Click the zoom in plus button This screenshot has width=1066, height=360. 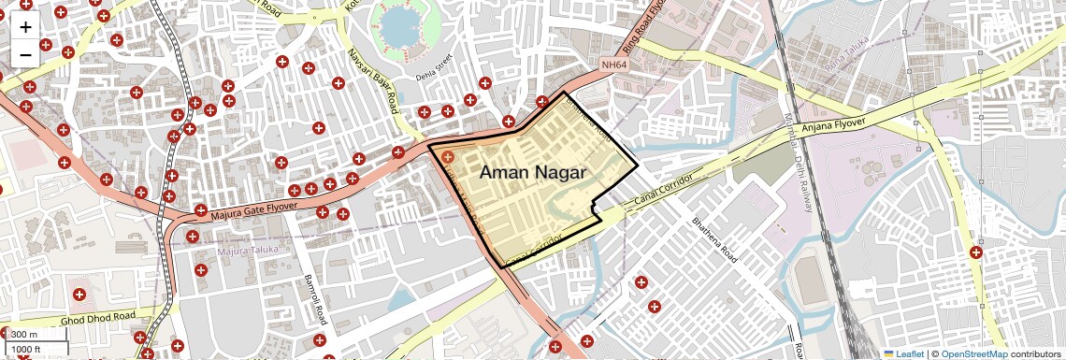click(x=25, y=26)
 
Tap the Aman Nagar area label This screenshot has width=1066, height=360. click(x=532, y=172)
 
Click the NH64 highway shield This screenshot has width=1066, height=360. click(x=612, y=65)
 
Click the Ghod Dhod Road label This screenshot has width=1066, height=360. click(x=98, y=318)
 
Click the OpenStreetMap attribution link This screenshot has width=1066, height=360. click(x=973, y=353)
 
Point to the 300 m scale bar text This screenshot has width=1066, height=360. click(x=24, y=335)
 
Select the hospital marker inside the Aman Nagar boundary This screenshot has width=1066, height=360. click(x=448, y=157)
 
